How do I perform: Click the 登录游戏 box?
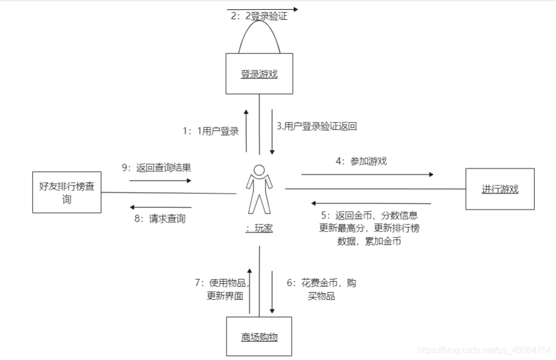(x=259, y=74)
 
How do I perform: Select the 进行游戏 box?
(x=500, y=189)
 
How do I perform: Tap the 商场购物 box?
(x=259, y=336)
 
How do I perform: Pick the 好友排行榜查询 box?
(x=67, y=193)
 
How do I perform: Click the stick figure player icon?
(x=259, y=189)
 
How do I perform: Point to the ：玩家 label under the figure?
(x=259, y=229)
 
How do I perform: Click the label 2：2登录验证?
(x=259, y=16)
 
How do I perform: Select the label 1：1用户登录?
(x=211, y=131)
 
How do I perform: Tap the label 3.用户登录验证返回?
(x=317, y=126)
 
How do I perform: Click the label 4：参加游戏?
(x=361, y=161)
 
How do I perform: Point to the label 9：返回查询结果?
(x=157, y=167)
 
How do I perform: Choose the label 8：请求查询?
(x=160, y=219)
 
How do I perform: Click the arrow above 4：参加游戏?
(x=367, y=175)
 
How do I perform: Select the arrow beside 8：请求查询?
(x=160, y=207)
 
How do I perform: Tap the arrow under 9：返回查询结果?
(x=160, y=180)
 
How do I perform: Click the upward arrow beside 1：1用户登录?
(x=246, y=131)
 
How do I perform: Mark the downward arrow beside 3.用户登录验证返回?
(x=272, y=131)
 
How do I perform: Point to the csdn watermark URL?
(x=484, y=350)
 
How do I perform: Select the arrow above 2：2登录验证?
(x=263, y=9)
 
